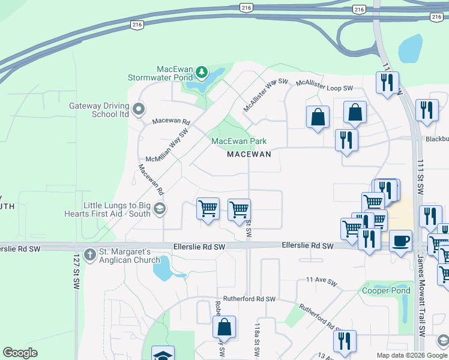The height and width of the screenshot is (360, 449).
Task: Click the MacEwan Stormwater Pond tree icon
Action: coord(202,73)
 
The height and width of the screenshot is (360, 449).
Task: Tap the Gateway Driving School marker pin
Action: coord(139,109)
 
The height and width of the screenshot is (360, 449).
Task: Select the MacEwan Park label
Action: coord(239,142)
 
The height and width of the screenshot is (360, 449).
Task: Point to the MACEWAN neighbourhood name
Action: coord(249,154)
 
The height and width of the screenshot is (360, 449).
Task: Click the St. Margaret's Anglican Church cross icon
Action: coord(90,254)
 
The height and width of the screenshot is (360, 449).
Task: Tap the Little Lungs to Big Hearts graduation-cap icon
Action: coord(159,208)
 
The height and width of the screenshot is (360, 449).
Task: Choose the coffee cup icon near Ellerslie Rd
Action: coord(400,241)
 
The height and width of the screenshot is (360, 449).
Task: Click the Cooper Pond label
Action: coord(387,291)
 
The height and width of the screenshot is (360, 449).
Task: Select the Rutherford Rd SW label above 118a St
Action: coord(249,299)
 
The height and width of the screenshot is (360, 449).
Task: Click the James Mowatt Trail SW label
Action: coord(421,295)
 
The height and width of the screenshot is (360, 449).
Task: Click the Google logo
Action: coord(20,353)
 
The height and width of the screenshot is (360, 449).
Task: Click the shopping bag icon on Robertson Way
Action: coord(224,327)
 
